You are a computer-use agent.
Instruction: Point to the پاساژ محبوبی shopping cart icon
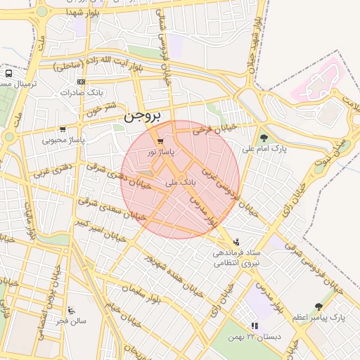click(63, 129)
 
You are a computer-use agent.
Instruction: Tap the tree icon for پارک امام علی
click(264, 138)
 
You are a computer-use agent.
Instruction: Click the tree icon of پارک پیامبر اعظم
click(319, 307)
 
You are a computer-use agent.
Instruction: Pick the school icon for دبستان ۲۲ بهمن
click(254, 326)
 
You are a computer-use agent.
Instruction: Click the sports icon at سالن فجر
click(70, 309)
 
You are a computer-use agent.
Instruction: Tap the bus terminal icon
click(8, 72)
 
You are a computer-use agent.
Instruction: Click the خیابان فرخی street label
click(213, 129)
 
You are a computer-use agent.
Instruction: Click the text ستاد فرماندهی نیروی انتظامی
click(237, 257)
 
